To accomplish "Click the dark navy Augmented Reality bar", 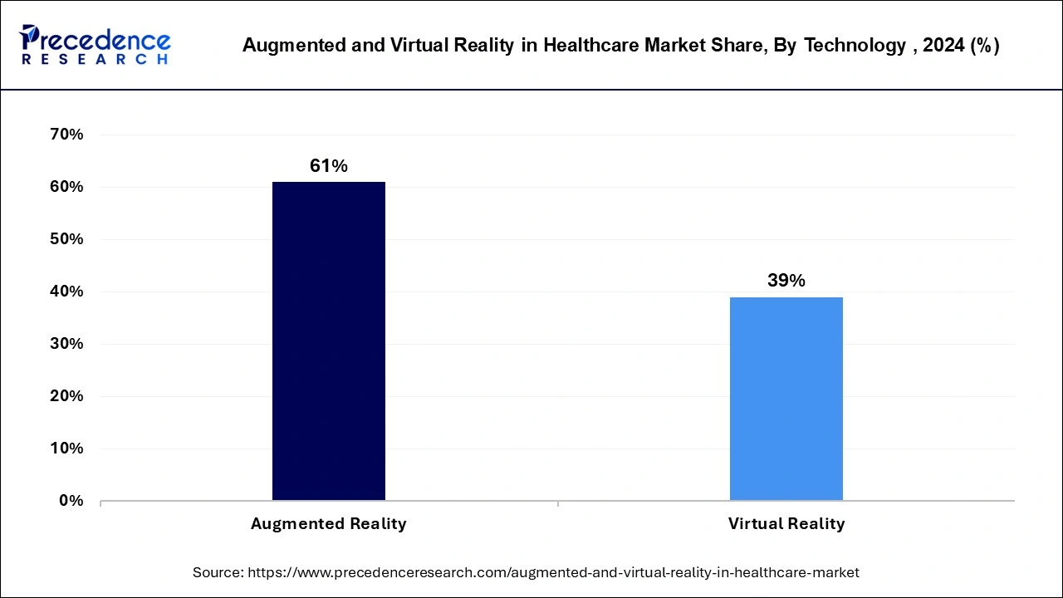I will pyautogui.click(x=329, y=341).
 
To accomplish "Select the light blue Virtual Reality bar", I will pyautogui.click(x=786, y=399).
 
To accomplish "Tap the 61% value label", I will pyautogui.click(x=329, y=166).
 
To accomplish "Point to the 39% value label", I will pyautogui.click(x=786, y=281).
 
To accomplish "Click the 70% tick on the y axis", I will pyautogui.click(x=66, y=135).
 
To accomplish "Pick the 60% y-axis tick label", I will pyautogui.click(x=66, y=187).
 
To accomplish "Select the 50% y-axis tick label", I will pyautogui.click(x=66, y=239).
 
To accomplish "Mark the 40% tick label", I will pyautogui.click(x=66, y=292).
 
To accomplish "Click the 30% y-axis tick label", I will pyautogui.click(x=66, y=344).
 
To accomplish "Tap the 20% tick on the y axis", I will pyautogui.click(x=66, y=396).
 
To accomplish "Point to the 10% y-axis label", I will pyautogui.click(x=66, y=448).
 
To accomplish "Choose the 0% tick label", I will pyautogui.click(x=71, y=501).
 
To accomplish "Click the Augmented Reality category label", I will pyautogui.click(x=329, y=524).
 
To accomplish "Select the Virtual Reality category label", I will pyautogui.click(x=786, y=524).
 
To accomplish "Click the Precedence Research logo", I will pyautogui.click(x=95, y=45).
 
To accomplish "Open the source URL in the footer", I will pyautogui.click(x=554, y=572).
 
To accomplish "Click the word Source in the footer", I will pyautogui.click(x=218, y=572).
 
